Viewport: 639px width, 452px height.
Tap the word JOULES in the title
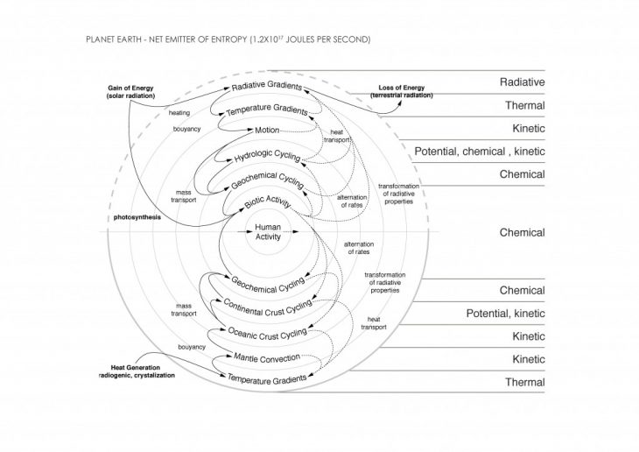pyautogui.click(x=302, y=40)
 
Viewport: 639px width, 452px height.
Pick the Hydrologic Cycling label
pyautogui.click(x=267, y=158)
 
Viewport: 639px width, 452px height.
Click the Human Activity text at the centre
pyautogui.click(x=268, y=231)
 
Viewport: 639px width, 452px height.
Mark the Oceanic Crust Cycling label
pyautogui.click(x=268, y=333)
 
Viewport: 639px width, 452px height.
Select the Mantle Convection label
pyautogui.click(x=268, y=357)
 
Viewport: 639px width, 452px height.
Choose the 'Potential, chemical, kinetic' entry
pyautogui.click(x=480, y=152)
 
